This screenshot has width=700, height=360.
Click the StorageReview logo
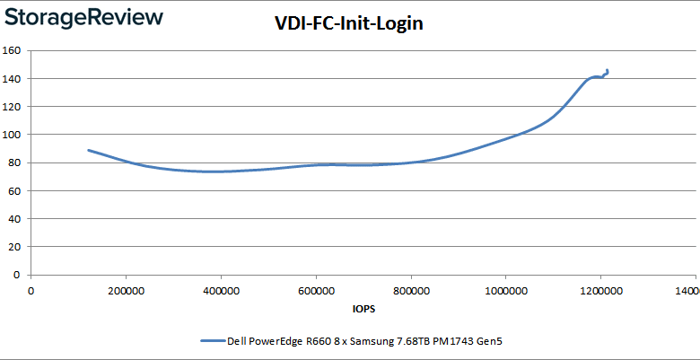pos(86,19)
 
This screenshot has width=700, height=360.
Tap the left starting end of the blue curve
pos(88,150)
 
